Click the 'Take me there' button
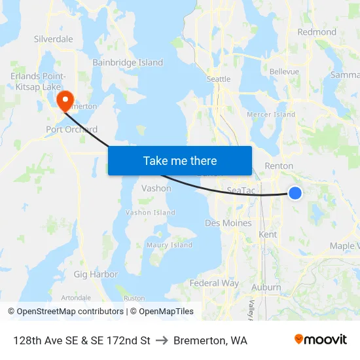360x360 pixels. point(180,160)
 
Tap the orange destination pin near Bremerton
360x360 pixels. point(65,101)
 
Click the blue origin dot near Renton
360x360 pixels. point(295,192)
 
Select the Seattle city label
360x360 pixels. point(219,79)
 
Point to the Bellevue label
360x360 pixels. point(284,71)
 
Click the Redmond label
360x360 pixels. point(317,32)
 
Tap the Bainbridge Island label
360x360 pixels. point(128,63)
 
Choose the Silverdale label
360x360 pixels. point(54,39)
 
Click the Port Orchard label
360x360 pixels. point(72,130)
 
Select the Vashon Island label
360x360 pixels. point(151,213)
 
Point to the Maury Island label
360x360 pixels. point(170,245)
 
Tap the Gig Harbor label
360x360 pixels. point(96,274)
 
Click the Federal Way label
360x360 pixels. point(214,283)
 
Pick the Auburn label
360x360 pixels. point(266,287)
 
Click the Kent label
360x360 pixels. point(268,234)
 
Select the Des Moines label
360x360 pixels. point(228,223)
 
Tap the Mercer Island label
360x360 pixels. point(271,115)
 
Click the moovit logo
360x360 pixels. point(321,340)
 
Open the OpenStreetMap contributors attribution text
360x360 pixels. point(66,312)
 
